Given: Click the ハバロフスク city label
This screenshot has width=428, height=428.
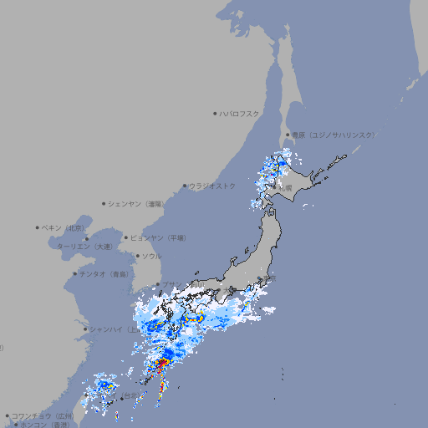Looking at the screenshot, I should (x=240, y=113).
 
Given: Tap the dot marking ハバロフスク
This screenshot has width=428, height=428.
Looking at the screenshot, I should (x=215, y=113).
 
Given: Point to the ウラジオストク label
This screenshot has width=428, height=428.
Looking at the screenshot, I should (x=212, y=186).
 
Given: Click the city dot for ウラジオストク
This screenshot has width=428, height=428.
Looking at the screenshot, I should (x=185, y=186).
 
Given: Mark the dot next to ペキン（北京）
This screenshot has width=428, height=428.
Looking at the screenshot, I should (x=38, y=227).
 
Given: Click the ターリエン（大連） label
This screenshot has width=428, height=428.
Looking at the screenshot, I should (x=84, y=247).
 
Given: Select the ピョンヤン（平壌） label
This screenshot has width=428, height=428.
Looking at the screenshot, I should (x=159, y=237).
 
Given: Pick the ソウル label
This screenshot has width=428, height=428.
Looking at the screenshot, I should (x=151, y=256).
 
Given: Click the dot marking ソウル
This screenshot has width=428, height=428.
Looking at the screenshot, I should (x=136, y=256).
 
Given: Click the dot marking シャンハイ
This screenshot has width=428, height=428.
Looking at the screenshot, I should (x=84, y=329).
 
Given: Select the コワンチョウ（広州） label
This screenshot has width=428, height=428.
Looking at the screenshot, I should (x=43, y=415).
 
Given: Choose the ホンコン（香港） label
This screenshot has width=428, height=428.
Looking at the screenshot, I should (x=45, y=425).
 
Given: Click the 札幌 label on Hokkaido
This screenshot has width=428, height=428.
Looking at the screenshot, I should (x=285, y=189).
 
